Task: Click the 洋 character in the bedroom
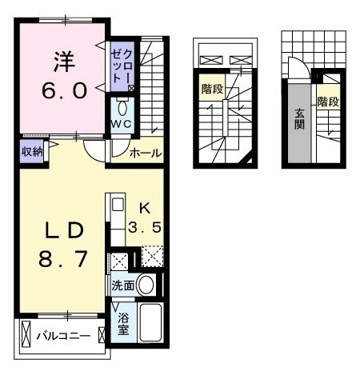[x=63, y=58]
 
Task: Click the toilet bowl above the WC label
[x=123, y=109]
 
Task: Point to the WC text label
[x=122, y=126]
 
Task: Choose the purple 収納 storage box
[x=32, y=151]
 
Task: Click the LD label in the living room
[x=63, y=231]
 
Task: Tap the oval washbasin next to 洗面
[x=146, y=283]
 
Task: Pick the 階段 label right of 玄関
[x=326, y=102]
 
